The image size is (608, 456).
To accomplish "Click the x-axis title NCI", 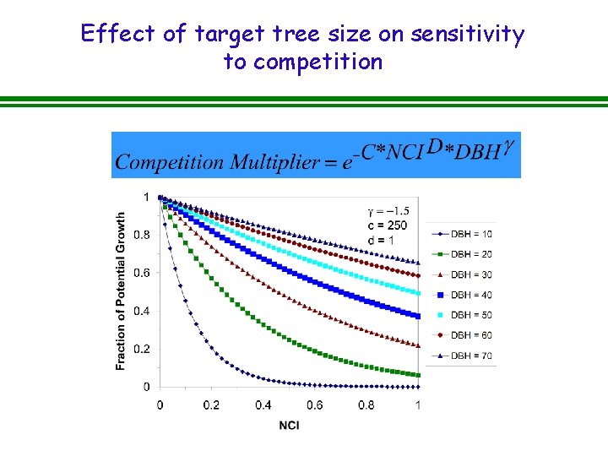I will (x=289, y=425).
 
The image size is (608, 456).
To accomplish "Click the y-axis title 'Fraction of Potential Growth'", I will (x=121, y=290).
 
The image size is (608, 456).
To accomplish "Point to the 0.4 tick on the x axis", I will (x=263, y=405).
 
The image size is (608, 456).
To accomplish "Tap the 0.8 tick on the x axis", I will (x=366, y=405).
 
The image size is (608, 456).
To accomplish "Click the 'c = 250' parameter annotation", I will (x=388, y=225).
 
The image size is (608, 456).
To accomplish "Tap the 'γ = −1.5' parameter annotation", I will (x=388, y=210).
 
